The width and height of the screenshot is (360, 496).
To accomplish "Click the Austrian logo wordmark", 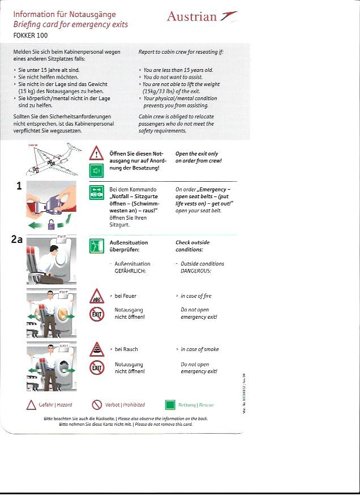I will pos(192,16).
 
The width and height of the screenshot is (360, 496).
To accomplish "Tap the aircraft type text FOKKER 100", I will pos(31,36).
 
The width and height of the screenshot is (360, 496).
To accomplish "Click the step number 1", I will pos(19,185).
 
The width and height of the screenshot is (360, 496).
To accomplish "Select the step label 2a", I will pos(17,239).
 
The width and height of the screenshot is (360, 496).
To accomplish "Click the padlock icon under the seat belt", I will pos(52,224).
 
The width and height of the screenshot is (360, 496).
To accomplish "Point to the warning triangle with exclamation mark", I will pos(96,153).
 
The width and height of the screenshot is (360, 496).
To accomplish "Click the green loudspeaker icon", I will pos(96,170).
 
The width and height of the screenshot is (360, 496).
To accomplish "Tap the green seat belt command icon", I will pos(96,193).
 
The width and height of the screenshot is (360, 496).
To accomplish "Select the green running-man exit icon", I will pos(96,246).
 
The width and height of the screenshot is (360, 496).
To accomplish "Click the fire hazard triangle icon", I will pos(96,297).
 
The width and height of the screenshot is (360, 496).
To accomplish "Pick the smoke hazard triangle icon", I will pos(96,350).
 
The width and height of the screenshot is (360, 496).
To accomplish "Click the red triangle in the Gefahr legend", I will pos(32,405).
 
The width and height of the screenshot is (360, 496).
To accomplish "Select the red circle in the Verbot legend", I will pos(97,405).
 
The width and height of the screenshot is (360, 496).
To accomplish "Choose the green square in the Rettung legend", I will pos(170,405).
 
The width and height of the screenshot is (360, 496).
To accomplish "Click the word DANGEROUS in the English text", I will pos(196,271).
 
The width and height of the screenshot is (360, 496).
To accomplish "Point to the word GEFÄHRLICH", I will pos(130,271).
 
